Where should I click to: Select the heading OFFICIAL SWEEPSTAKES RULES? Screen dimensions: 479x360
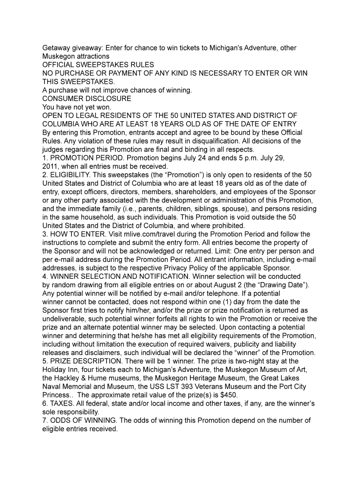[98, 65]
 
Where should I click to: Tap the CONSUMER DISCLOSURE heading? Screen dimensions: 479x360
[86, 99]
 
